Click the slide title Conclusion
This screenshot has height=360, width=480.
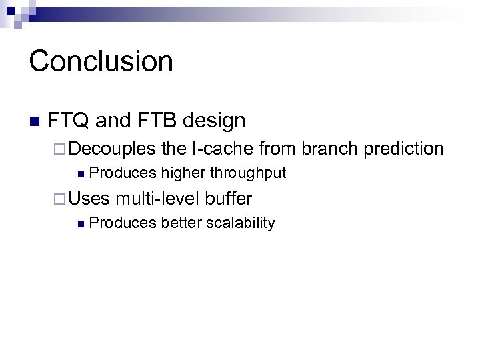tap(101, 61)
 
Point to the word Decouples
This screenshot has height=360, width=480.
tap(112, 149)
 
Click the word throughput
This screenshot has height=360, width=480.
tap(248, 173)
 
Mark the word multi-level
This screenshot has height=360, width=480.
tap(158, 198)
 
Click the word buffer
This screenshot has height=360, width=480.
tap(229, 198)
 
